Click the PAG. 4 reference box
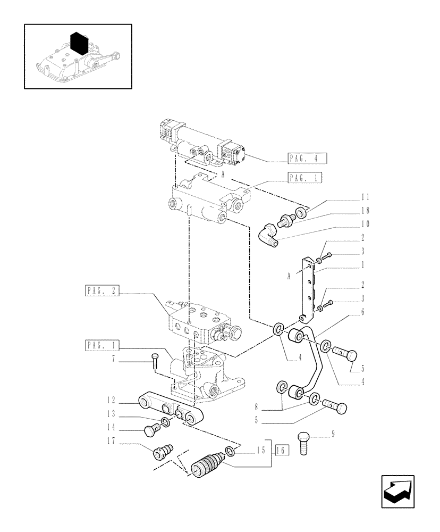[x=307, y=158]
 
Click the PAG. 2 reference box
[x=101, y=290]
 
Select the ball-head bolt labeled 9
[x=305, y=442]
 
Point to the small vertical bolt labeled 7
[x=155, y=361]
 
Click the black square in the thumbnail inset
[x=79, y=42]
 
